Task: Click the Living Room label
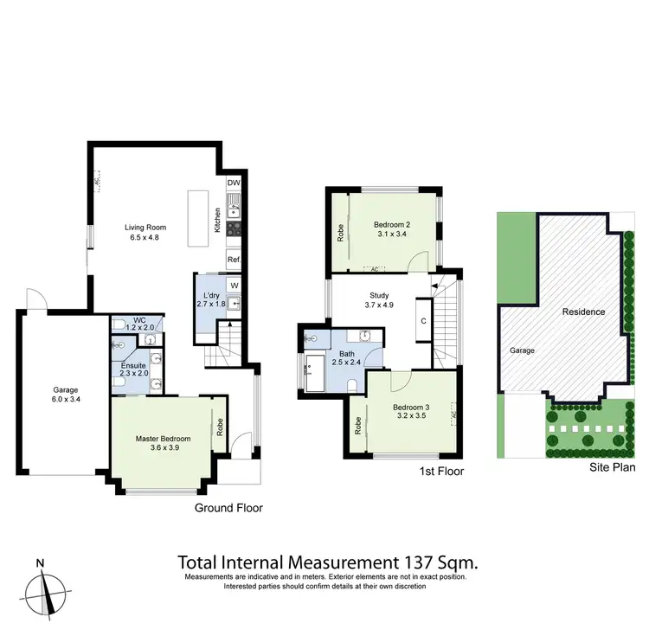point(145,228)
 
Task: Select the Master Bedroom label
point(163,439)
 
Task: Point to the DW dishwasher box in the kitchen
point(234,183)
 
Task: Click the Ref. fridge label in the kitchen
point(234,260)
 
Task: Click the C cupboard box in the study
point(423,321)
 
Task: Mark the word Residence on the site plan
point(583,312)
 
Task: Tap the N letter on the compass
point(40,562)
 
